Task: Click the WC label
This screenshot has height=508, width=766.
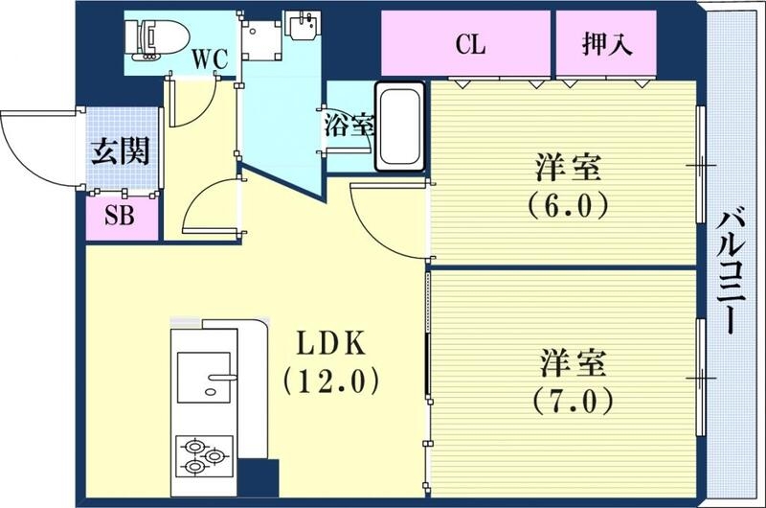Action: [x=209, y=58]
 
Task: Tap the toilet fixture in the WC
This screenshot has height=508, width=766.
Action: [x=153, y=39]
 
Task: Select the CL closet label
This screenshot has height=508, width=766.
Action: [x=470, y=43]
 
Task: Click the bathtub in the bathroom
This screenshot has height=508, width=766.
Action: [x=400, y=127]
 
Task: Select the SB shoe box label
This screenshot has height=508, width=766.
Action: [x=119, y=216]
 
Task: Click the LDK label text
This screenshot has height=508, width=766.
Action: [x=327, y=342]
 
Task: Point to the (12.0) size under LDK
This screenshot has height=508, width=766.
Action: [x=327, y=381]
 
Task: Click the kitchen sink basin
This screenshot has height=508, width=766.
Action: [x=205, y=380]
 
